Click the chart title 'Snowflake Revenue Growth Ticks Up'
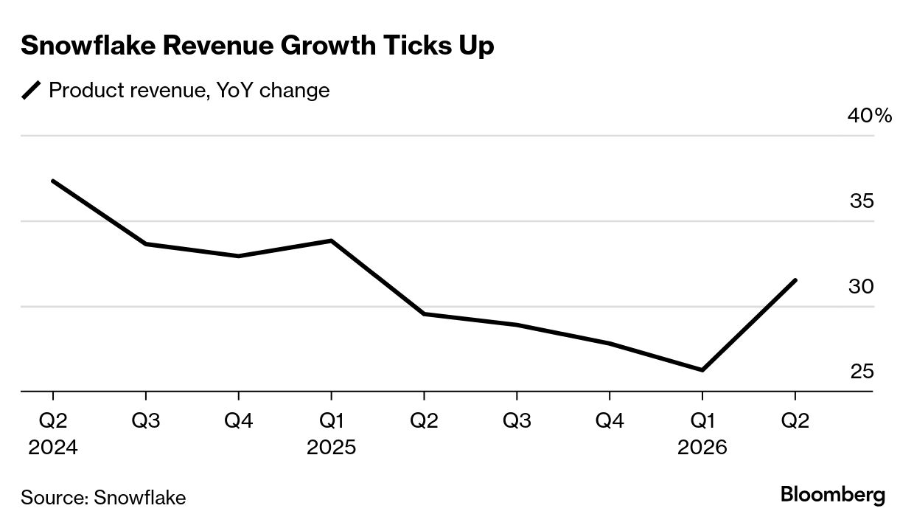(x=257, y=46)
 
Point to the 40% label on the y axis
(x=868, y=116)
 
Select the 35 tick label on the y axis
(x=862, y=201)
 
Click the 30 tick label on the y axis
(x=861, y=287)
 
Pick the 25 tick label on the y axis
(x=862, y=372)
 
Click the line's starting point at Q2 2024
(x=53, y=181)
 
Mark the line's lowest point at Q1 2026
(x=702, y=370)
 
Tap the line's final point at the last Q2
(x=795, y=280)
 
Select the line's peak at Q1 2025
(x=331, y=240)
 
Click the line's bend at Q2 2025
(x=424, y=314)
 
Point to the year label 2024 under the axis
(x=53, y=448)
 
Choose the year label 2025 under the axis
(x=331, y=448)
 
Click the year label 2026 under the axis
(x=702, y=448)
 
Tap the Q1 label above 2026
(x=702, y=421)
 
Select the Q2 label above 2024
(x=53, y=421)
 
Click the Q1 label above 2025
(x=331, y=421)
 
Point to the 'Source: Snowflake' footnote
(x=103, y=497)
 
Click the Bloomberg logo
(x=833, y=495)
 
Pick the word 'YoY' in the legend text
(x=235, y=91)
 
